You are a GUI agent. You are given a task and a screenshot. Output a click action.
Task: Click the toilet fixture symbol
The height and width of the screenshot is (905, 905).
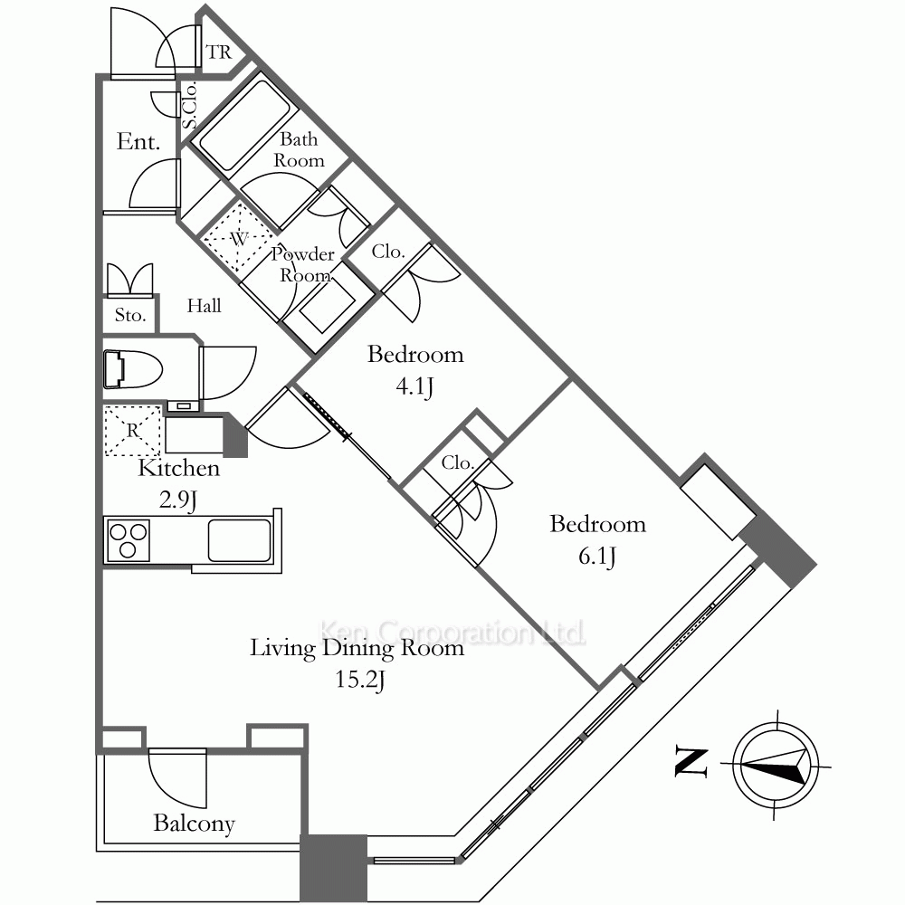(133, 368)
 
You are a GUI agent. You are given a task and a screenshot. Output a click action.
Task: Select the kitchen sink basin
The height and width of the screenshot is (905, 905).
(239, 540)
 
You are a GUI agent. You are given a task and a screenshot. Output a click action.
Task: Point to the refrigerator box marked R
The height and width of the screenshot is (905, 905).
(133, 431)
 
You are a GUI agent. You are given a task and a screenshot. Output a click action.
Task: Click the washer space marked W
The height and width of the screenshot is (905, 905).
(238, 237)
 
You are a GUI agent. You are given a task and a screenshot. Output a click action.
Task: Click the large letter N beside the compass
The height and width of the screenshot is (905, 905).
(691, 762)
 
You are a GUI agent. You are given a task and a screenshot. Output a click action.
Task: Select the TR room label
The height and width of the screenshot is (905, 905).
(219, 52)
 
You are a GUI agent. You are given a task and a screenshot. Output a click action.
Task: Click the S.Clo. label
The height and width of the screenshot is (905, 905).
(190, 105)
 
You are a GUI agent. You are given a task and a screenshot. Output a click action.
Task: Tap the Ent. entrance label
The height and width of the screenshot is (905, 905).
(138, 142)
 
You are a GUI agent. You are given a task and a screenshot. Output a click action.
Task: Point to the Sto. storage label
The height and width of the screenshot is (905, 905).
(129, 315)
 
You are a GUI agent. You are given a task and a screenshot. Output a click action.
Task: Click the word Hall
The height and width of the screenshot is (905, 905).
(204, 305)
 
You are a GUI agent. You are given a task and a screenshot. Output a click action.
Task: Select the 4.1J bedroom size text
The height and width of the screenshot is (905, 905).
(414, 386)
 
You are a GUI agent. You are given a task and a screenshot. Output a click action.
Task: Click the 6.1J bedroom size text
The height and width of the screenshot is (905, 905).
(596, 557)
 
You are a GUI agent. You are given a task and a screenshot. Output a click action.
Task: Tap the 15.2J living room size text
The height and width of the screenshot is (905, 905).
(360, 680)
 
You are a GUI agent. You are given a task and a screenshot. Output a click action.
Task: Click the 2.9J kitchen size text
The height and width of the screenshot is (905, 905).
(177, 500)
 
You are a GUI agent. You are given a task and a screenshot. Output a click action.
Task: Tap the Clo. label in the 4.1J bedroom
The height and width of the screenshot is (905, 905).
(388, 252)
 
